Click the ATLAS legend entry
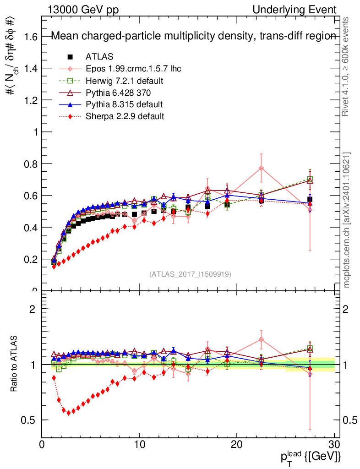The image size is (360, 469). point(99,57)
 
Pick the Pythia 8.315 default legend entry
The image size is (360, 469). point(124,104)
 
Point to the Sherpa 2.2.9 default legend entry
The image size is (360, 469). point(125,116)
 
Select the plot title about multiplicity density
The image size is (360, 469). point(193,36)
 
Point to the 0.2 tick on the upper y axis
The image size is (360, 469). point(30,259)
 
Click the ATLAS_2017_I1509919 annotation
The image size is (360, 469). point(190,274)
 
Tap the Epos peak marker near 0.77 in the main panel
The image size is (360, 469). point(261,168)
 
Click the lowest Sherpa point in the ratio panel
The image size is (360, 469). point(69,413)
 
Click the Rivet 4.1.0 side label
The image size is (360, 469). point(347,66)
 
